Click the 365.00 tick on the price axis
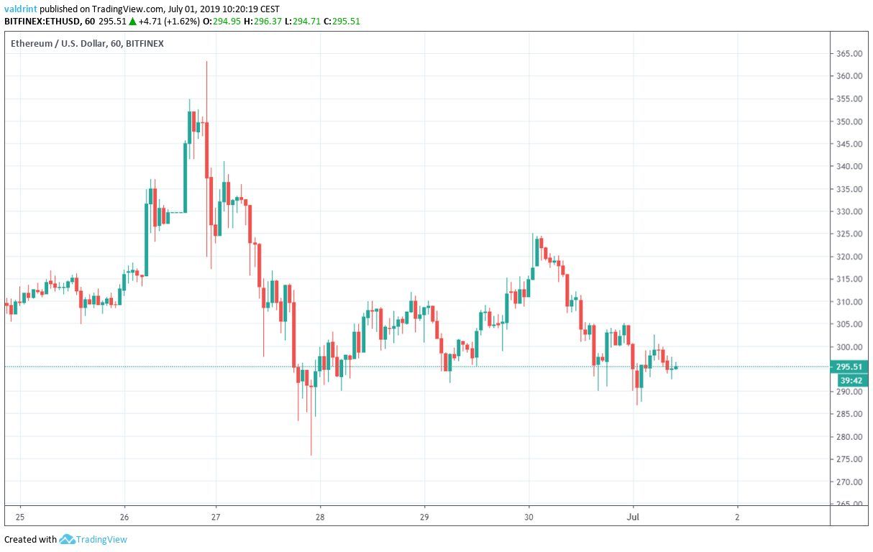tap(849, 54)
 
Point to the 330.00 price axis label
tap(849, 211)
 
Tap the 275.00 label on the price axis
tap(849, 459)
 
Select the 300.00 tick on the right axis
tap(849, 347)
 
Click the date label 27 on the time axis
tap(216, 517)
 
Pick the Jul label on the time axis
tap(633, 517)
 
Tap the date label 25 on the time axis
tap(20, 517)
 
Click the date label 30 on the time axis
tap(529, 517)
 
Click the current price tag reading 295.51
tap(849, 367)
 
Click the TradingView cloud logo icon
tap(68, 539)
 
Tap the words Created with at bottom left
tap(30, 539)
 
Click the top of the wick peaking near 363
tap(206, 62)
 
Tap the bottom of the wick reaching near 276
tap(311, 455)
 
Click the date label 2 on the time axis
tap(737, 517)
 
